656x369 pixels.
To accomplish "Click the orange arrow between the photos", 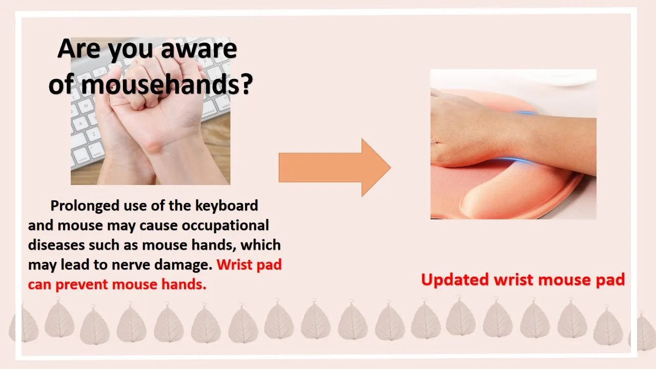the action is pyautogui.click(x=335, y=168).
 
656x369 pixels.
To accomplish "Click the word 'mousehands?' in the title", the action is pyautogui.click(x=167, y=84).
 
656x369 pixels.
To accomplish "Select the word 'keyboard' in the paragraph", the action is pyautogui.click(x=227, y=206).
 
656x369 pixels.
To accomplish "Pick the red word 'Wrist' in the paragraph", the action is pyautogui.click(x=234, y=264).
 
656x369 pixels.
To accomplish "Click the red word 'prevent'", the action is pyautogui.click(x=81, y=284).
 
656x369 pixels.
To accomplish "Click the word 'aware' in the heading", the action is pyautogui.click(x=199, y=49).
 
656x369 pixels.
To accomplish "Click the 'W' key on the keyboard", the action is pyautogui.click(x=86, y=105).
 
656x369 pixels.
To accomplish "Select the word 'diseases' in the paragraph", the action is pyautogui.click(x=56, y=245).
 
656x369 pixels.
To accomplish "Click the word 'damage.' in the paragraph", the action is pyautogui.click(x=183, y=265).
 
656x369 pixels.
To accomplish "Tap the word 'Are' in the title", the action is pyautogui.click(x=79, y=49).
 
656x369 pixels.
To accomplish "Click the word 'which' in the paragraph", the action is pyautogui.click(x=261, y=245).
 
